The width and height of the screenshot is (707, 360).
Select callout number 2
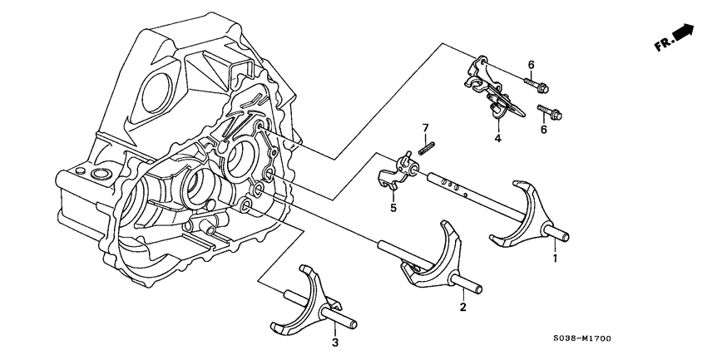click(462, 308)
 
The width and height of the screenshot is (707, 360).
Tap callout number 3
click(334, 342)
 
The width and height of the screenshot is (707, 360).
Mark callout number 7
click(424, 127)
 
